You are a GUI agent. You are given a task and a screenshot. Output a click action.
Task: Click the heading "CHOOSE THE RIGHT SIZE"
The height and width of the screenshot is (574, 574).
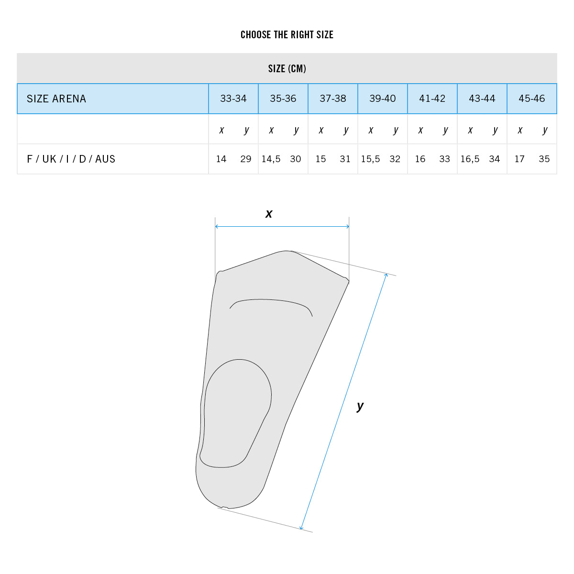point(287,34)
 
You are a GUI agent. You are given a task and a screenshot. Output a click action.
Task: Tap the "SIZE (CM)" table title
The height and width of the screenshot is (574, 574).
point(287,68)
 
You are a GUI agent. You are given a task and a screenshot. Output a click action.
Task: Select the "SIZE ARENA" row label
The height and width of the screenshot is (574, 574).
point(56,99)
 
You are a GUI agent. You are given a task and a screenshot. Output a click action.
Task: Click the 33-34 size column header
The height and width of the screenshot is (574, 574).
point(233,99)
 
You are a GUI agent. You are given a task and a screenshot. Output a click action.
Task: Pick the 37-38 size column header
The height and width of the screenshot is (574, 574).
point(333,99)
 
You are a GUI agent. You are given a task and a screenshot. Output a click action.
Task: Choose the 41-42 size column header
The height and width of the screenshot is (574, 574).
point(432,99)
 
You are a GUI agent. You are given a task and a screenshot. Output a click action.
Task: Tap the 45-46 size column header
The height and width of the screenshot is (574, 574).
point(532,99)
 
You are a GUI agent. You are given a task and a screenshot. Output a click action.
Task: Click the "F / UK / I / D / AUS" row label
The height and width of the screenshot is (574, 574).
point(71,159)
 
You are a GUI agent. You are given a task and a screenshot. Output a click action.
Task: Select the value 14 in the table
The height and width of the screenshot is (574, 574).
point(221,159)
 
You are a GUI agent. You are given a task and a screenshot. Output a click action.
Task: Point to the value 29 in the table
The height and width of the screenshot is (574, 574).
point(246,159)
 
